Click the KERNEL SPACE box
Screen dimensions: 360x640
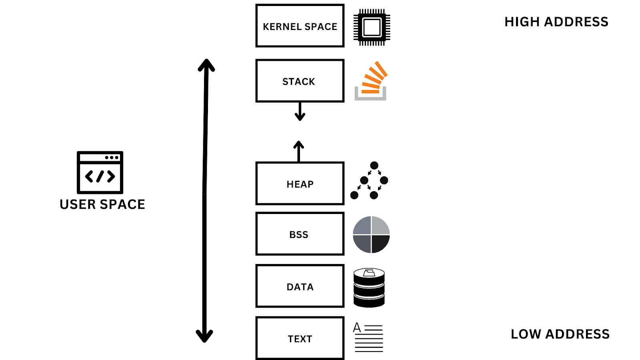tap(300, 26)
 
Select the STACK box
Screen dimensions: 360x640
tap(300, 81)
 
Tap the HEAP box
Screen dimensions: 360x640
tap(300, 184)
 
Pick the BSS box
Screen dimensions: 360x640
tap(300, 234)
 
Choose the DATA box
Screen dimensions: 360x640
tap(300, 286)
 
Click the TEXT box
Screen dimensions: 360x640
tap(300, 338)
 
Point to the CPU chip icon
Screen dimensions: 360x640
tap(372, 27)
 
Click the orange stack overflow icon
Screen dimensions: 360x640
tap(371, 81)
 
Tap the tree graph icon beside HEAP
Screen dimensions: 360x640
tap(370, 181)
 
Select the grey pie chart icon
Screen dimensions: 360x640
tap(371, 235)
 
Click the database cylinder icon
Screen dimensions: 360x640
tap(369, 288)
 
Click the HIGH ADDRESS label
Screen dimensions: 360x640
tap(556, 22)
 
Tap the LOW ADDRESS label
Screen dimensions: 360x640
tap(560, 334)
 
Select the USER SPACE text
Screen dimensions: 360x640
tap(102, 204)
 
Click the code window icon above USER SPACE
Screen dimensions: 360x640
tap(100, 172)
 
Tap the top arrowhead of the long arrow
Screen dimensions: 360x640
tap(206, 65)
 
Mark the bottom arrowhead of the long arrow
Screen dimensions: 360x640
tap(204, 336)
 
